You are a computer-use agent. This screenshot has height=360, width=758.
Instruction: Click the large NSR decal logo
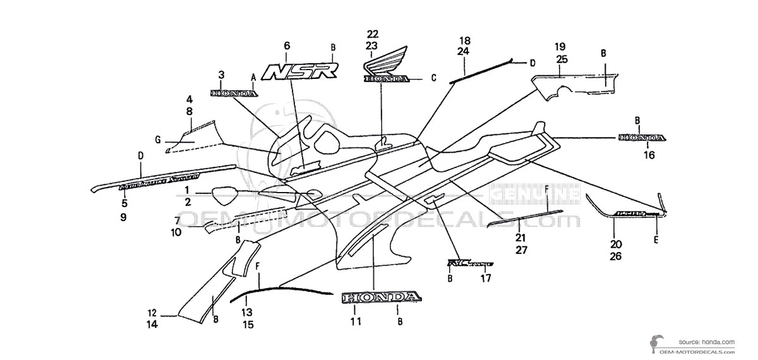tap(299, 71)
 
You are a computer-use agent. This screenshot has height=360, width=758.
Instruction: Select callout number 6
tap(287, 45)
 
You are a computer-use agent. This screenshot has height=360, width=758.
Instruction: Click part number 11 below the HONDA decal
tap(356, 321)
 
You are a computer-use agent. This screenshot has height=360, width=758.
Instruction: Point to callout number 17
tap(486, 277)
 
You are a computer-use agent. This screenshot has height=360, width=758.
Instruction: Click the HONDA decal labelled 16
tap(641, 138)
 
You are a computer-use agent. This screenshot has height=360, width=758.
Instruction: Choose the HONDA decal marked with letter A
tap(234, 93)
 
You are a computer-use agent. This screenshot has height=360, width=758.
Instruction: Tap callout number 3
tap(221, 75)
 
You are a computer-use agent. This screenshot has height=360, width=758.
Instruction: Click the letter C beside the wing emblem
tap(434, 78)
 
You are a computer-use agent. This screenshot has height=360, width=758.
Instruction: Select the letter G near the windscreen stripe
tap(157, 139)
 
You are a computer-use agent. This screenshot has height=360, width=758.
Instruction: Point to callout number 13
tap(247, 312)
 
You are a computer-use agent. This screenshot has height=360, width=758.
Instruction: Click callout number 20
tap(616, 244)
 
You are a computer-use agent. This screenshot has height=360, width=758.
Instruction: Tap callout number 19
tap(560, 47)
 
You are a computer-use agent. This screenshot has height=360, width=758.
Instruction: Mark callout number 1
tap(187, 189)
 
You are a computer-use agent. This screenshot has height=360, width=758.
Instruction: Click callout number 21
tap(520, 237)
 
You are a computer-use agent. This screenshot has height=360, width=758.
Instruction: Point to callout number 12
tap(152, 313)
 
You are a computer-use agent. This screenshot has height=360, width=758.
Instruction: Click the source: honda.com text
tap(707, 341)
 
